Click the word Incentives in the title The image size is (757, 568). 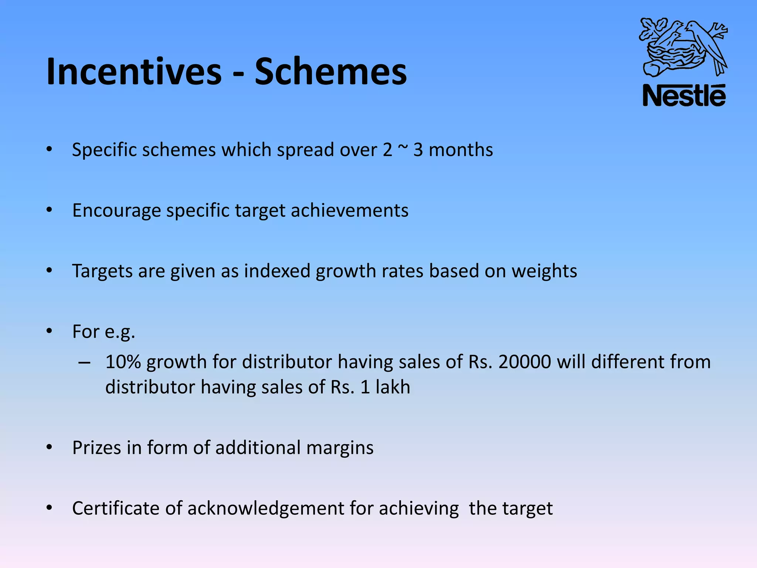134,72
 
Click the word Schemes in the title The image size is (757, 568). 330,72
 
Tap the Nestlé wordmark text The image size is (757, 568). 684,96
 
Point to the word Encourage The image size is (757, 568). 116,211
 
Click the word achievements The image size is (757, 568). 349,211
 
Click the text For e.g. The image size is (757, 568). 103,332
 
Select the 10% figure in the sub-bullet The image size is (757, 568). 123,362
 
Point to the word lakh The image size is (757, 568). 393,387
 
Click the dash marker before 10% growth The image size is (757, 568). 84,363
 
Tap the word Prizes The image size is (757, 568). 96,448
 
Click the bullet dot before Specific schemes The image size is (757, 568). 50,149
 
